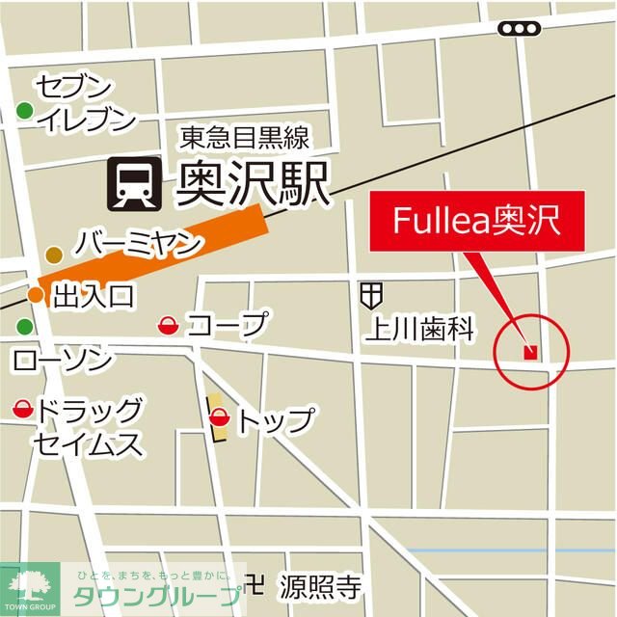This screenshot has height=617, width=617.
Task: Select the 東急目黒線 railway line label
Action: [243, 139]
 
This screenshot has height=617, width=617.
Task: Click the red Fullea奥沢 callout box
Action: [475, 221]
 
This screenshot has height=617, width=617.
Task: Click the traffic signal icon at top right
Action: [519, 29]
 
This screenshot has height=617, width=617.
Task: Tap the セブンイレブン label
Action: [85, 103]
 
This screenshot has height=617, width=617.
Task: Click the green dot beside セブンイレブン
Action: [25, 113]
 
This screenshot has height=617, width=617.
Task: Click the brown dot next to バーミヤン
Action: [54, 255]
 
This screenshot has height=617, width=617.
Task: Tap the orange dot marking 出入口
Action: [35, 294]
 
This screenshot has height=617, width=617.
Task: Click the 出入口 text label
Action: [94, 294]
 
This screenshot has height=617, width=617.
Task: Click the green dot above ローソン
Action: [24, 326]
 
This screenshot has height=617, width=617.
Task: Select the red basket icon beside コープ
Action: [167, 326]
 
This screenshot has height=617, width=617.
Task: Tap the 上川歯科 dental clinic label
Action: [419, 331]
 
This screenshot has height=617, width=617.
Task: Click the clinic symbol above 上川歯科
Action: [372, 293]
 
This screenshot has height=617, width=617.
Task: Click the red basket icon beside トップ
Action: [219, 418]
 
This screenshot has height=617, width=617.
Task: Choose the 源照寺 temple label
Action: [320, 584]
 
